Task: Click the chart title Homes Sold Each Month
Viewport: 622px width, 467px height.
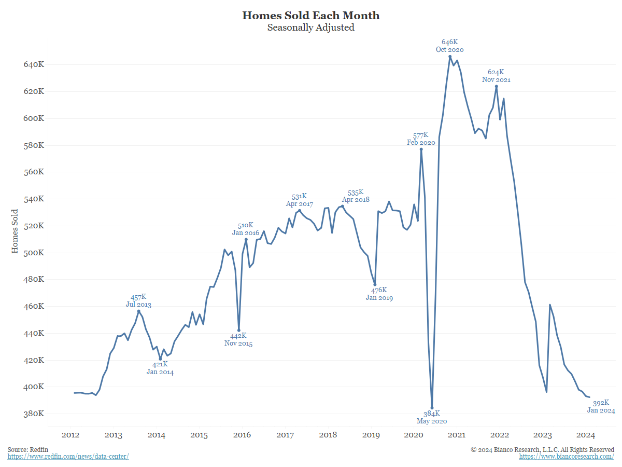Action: [311, 16]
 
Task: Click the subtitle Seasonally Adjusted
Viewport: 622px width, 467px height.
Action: [311, 28]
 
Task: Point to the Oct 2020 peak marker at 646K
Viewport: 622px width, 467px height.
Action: [450, 57]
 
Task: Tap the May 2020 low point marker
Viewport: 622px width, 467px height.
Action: [432, 408]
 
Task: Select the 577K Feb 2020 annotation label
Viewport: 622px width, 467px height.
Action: [421, 139]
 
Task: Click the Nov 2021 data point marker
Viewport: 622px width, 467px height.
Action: [497, 86]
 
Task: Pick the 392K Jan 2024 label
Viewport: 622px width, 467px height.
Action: [601, 406]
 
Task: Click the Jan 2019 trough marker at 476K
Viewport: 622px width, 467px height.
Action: [375, 284]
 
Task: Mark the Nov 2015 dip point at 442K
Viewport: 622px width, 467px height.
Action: [238, 331]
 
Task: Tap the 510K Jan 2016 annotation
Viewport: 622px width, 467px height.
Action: [246, 229]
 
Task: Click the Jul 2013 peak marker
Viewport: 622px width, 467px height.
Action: [138, 311]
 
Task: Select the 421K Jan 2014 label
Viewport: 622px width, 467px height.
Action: [160, 368]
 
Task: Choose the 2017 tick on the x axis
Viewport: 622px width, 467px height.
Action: [285, 435]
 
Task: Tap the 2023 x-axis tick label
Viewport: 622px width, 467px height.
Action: [542, 435]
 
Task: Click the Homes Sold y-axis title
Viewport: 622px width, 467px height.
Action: [15, 231]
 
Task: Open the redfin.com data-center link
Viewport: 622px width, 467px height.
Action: [68, 457]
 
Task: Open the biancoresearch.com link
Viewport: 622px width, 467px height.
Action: [567, 457]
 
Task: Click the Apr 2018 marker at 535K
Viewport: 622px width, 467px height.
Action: [342, 206]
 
